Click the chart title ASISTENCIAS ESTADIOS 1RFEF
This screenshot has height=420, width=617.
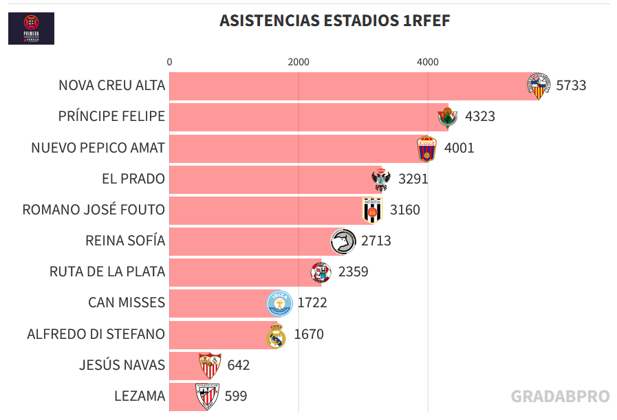coord(334,21)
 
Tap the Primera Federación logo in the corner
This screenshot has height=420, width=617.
coord(31,29)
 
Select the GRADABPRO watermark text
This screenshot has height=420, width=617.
coord(560,397)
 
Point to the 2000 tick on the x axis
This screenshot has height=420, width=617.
coord(299,62)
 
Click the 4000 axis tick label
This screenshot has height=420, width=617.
coord(427,62)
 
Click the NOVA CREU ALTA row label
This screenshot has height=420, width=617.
coord(111,85)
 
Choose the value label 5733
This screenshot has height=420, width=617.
coord(571,85)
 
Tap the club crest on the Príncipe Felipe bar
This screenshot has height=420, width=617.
coord(447,118)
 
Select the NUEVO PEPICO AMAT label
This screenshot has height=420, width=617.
coord(98,148)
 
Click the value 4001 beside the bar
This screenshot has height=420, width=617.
coord(459,148)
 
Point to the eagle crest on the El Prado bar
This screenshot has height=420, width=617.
coord(381,179)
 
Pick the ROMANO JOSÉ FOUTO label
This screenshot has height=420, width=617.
coord(94,210)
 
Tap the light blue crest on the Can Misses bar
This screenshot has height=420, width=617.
coord(280,303)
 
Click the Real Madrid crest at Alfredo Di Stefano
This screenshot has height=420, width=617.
coord(276,335)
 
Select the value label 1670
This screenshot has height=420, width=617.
coord(308,335)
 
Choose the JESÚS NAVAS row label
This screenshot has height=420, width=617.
coord(122,365)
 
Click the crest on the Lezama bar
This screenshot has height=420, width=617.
coord(206,396)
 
